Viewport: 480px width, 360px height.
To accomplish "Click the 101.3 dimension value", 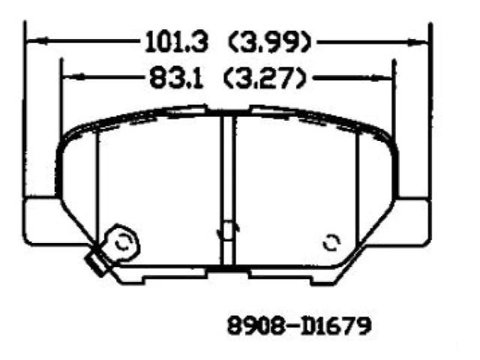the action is [176, 41].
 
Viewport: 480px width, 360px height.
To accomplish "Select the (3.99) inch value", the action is [270, 41].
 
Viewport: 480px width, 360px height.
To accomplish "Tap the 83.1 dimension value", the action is [176, 78].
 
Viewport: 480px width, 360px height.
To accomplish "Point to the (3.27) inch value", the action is [265, 78].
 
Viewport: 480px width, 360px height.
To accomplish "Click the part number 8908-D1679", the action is [299, 325].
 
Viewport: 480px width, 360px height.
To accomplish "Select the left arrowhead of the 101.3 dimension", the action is [37, 41].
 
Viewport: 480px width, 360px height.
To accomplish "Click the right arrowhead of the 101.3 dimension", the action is [418, 42].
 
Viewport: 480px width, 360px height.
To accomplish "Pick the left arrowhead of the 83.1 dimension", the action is [73, 76].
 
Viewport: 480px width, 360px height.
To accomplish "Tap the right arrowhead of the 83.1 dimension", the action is [381, 78].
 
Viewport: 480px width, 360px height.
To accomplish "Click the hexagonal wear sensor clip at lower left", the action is [122, 243].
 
